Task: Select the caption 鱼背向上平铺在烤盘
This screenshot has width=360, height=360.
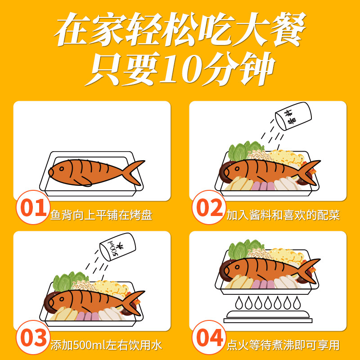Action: tap(101, 215)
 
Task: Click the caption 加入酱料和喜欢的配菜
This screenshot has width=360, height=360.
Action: tap(283, 215)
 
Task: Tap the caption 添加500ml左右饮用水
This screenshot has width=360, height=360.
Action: tap(106, 346)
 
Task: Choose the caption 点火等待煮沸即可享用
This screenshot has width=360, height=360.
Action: tap(283, 346)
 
